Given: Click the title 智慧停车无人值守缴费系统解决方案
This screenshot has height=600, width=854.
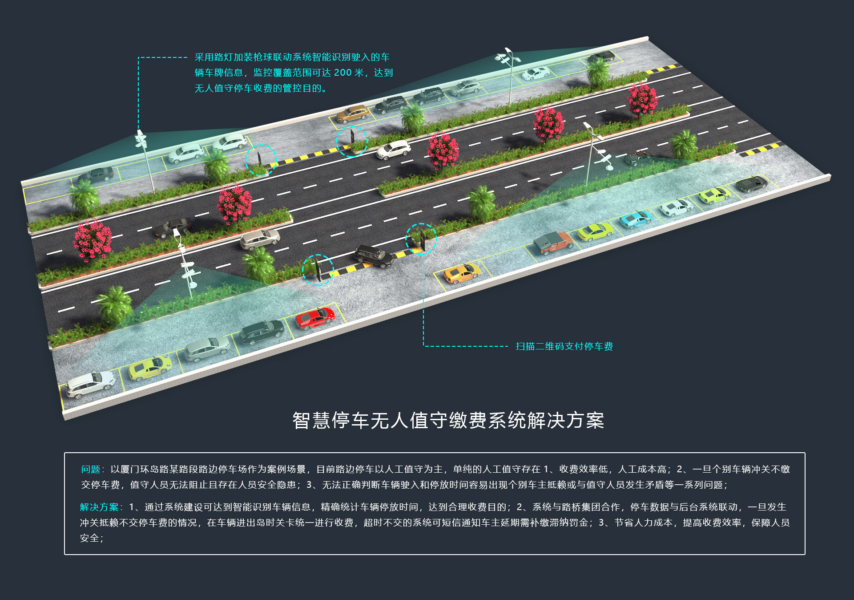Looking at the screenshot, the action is pos(448,421).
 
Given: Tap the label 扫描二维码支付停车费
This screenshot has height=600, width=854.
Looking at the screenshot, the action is pos(564,346).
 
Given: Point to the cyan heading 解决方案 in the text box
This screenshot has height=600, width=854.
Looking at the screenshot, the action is pos(99,507).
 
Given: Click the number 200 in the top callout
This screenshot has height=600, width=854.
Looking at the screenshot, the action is pos(342,73).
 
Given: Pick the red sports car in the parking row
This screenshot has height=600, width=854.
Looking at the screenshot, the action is pos(315,318).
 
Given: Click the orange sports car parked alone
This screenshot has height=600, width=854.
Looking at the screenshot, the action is pos(462,273).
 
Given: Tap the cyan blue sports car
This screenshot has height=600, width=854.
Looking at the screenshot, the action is pos(636,219).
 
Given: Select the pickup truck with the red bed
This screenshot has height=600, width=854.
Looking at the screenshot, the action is pos(553,243).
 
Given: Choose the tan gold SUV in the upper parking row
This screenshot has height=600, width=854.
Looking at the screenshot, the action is pos(352,114).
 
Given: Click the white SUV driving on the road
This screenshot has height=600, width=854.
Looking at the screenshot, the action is pos(393,150).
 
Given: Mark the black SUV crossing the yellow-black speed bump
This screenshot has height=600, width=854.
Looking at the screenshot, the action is pos(374,256).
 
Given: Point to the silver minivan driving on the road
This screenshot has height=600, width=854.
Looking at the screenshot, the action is pos(260,239).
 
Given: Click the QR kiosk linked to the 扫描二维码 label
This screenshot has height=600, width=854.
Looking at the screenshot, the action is pos(421,239).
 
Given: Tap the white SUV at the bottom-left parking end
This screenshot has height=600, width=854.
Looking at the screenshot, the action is pos(90,384).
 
